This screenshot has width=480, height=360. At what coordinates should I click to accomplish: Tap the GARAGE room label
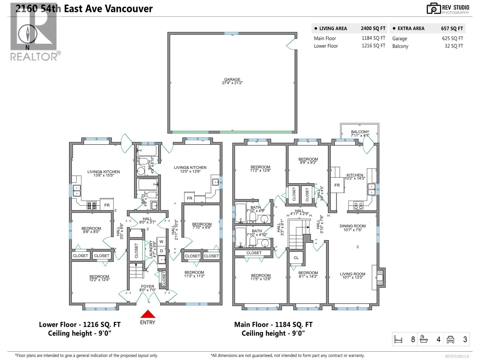point(232,81)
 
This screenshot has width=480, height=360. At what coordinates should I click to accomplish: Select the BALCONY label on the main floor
point(360,133)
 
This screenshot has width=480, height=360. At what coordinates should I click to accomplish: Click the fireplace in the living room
point(380,277)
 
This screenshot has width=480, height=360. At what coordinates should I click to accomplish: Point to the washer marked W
point(161,242)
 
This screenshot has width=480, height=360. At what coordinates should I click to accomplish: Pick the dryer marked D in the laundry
point(161,251)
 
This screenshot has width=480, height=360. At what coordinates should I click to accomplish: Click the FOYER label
point(148,288)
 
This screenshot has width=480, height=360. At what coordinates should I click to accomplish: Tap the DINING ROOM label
point(352,228)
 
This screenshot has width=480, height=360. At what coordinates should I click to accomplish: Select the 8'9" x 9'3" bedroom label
point(308,161)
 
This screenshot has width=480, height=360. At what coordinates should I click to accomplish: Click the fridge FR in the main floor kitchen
point(337,185)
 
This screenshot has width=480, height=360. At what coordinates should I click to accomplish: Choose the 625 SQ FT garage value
point(452,38)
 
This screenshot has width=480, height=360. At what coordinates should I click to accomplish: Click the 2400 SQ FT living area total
point(373,28)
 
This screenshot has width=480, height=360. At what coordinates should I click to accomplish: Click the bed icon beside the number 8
point(398,340)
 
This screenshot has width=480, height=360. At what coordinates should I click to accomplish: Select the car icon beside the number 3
point(451,340)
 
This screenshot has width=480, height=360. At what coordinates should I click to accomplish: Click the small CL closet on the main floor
point(296,258)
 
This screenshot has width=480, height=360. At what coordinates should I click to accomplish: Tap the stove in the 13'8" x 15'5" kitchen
point(91,205)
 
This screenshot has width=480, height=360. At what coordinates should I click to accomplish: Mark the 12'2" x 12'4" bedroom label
point(99,278)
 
